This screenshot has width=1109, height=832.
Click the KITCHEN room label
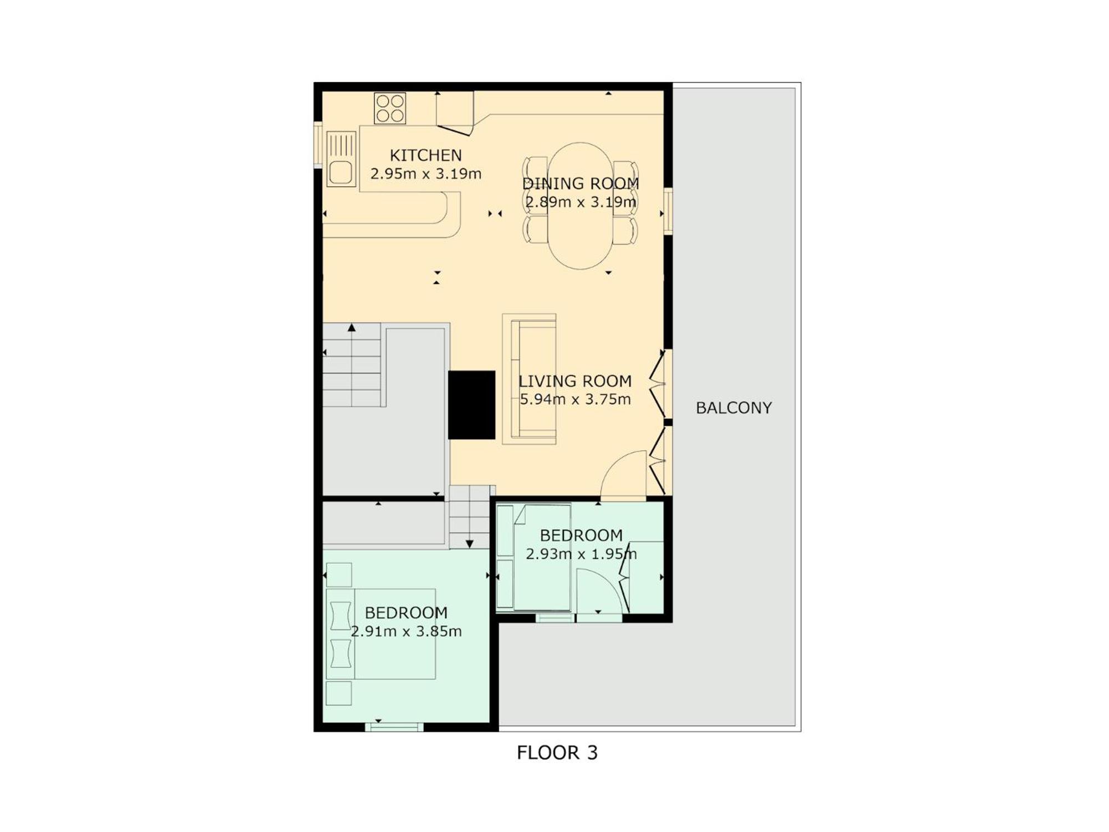pyautogui.click(x=425, y=155)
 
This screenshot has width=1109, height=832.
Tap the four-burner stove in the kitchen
pyautogui.click(x=390, y=108)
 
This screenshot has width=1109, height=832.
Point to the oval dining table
pyautogui.click(x=580, y=206)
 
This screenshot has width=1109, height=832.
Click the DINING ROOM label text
pyautogui.click(x=581, y=184)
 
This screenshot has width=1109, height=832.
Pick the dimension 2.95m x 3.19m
pyautogui.click(x=426, y=174)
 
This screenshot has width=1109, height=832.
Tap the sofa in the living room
pyautogui.click(x=530, y=379)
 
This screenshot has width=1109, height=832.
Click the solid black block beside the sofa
pyautogui.click(x=471, y=405)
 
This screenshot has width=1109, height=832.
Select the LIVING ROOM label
pyautogui.click(x=575, y=381)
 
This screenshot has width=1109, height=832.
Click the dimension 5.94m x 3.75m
pyautogui.click(x=575, y=399)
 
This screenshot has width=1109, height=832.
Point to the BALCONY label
pyautogui.click(x=734, y=408)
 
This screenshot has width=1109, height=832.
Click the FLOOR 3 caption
pyautogui.click(x=557, y=753)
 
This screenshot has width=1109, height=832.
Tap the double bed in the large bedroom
pyautogui.click(x=381, y=634)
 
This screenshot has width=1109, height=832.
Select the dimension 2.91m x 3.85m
pyautogui.click(x=406, y=631)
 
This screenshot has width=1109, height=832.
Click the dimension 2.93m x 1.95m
pyautogui.click(x=581, y=554)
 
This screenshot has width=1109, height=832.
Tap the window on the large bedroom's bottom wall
pyautogui.click(x=394, y=727)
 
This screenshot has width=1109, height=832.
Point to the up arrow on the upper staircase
pyautogui.click(x=352, y=328)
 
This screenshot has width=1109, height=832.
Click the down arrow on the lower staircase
pyautogui.click(x=469, y=544)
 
